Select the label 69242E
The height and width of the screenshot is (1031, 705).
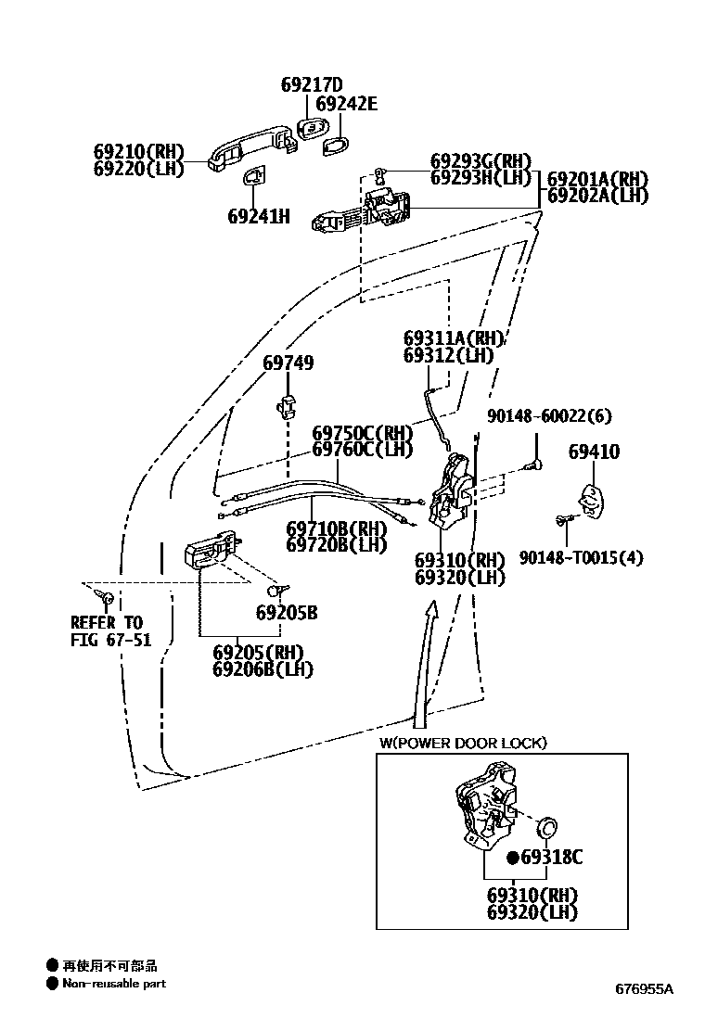(346, 104)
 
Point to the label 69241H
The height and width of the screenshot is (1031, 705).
(259, 216)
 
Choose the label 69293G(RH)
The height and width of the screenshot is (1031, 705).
(481, 160)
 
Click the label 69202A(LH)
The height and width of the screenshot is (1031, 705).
(597, 196)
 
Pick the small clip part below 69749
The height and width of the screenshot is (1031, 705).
(287, 405)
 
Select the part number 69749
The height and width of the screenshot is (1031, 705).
(288, 363)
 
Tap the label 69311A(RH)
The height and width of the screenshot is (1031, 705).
(454, 338)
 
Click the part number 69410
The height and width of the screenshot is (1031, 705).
(594, 452)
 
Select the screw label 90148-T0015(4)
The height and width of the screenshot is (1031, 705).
(582, 557)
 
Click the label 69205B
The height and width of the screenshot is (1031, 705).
(287, 613)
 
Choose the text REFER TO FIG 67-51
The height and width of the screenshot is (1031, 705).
(110, 631)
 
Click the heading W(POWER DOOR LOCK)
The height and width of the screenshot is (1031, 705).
(462, 743)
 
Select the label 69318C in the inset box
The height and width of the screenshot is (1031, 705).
(551, 858)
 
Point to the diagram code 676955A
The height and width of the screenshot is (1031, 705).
(644, 988)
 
